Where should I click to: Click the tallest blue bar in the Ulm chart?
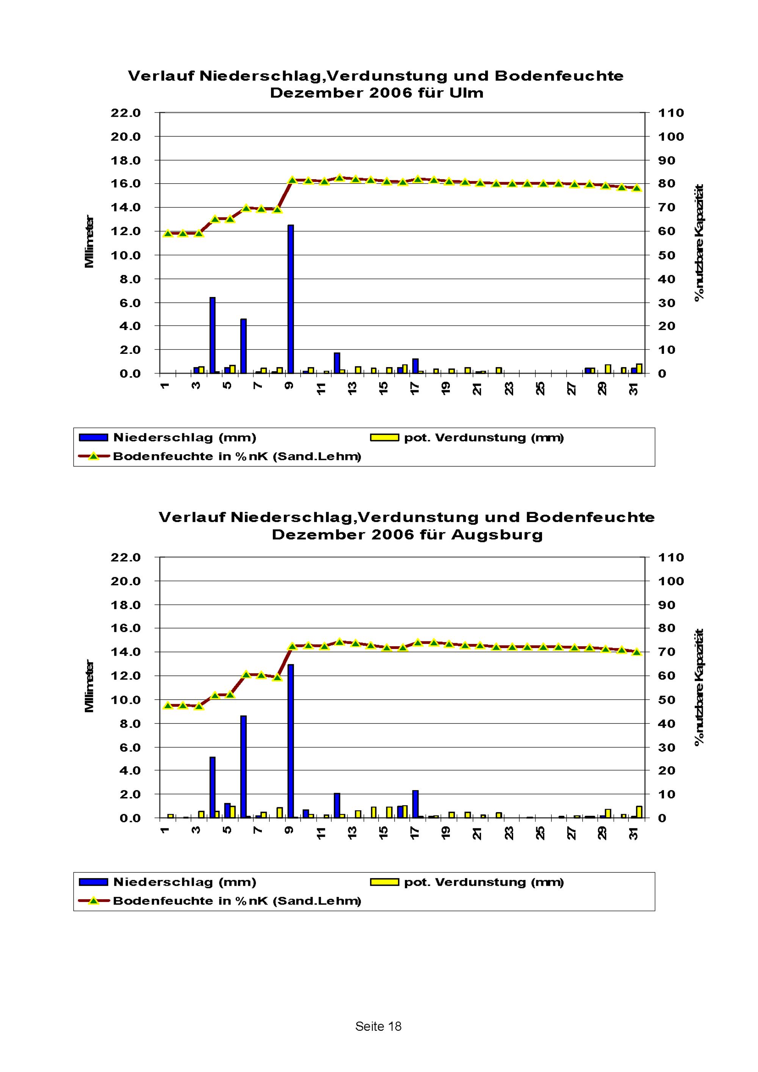point(290,299)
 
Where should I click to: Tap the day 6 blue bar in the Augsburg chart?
point(243,766)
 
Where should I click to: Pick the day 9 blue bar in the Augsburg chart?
point(290,741)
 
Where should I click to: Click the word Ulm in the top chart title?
point(466,93)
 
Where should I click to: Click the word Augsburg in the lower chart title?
point(497,534)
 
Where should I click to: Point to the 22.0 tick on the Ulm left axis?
point(125,113)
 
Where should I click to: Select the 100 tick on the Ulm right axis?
point(671,137)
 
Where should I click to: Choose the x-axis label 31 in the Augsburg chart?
point(633,833)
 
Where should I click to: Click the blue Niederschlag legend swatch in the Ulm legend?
point(93,438)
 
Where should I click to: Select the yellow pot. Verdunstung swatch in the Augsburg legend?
point(384,882)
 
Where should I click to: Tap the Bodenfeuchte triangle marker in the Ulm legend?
point(93,456)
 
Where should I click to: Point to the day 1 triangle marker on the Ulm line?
point(168,233)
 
